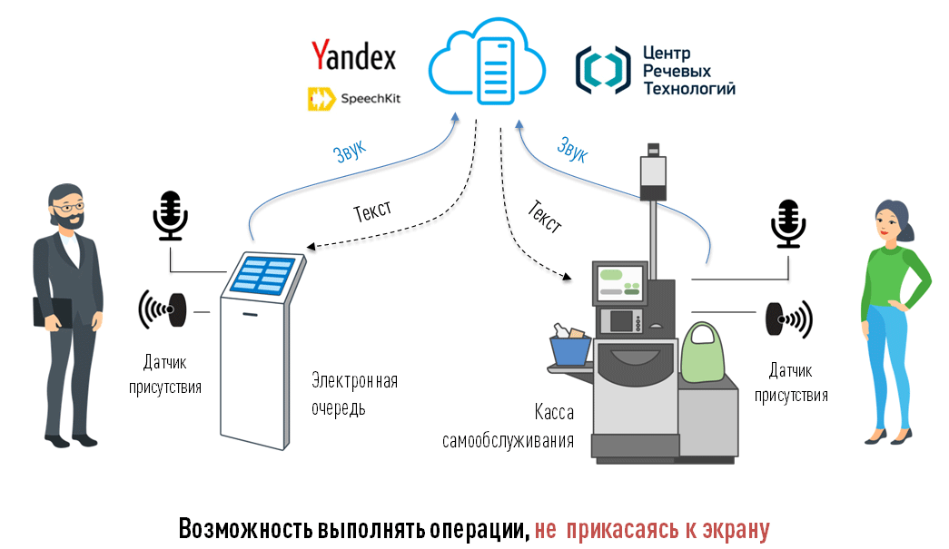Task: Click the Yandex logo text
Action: pyautogui.click(x=353, y=55)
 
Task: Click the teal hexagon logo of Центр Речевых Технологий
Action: pyautogui.click(x=602, y=70)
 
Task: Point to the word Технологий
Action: pyautogui.click(x=688, y=88)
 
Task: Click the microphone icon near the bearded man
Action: pyautogui.click(x=170, y=215)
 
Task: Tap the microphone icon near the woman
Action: pyautogui.click(x=787, y=223)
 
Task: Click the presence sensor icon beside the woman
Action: pyautogui.click(x=787, y=318)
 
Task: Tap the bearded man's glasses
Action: pyautogui.click(x=67, y=207)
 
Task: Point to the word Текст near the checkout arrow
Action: pyautogui.click(x=544, y=217)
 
